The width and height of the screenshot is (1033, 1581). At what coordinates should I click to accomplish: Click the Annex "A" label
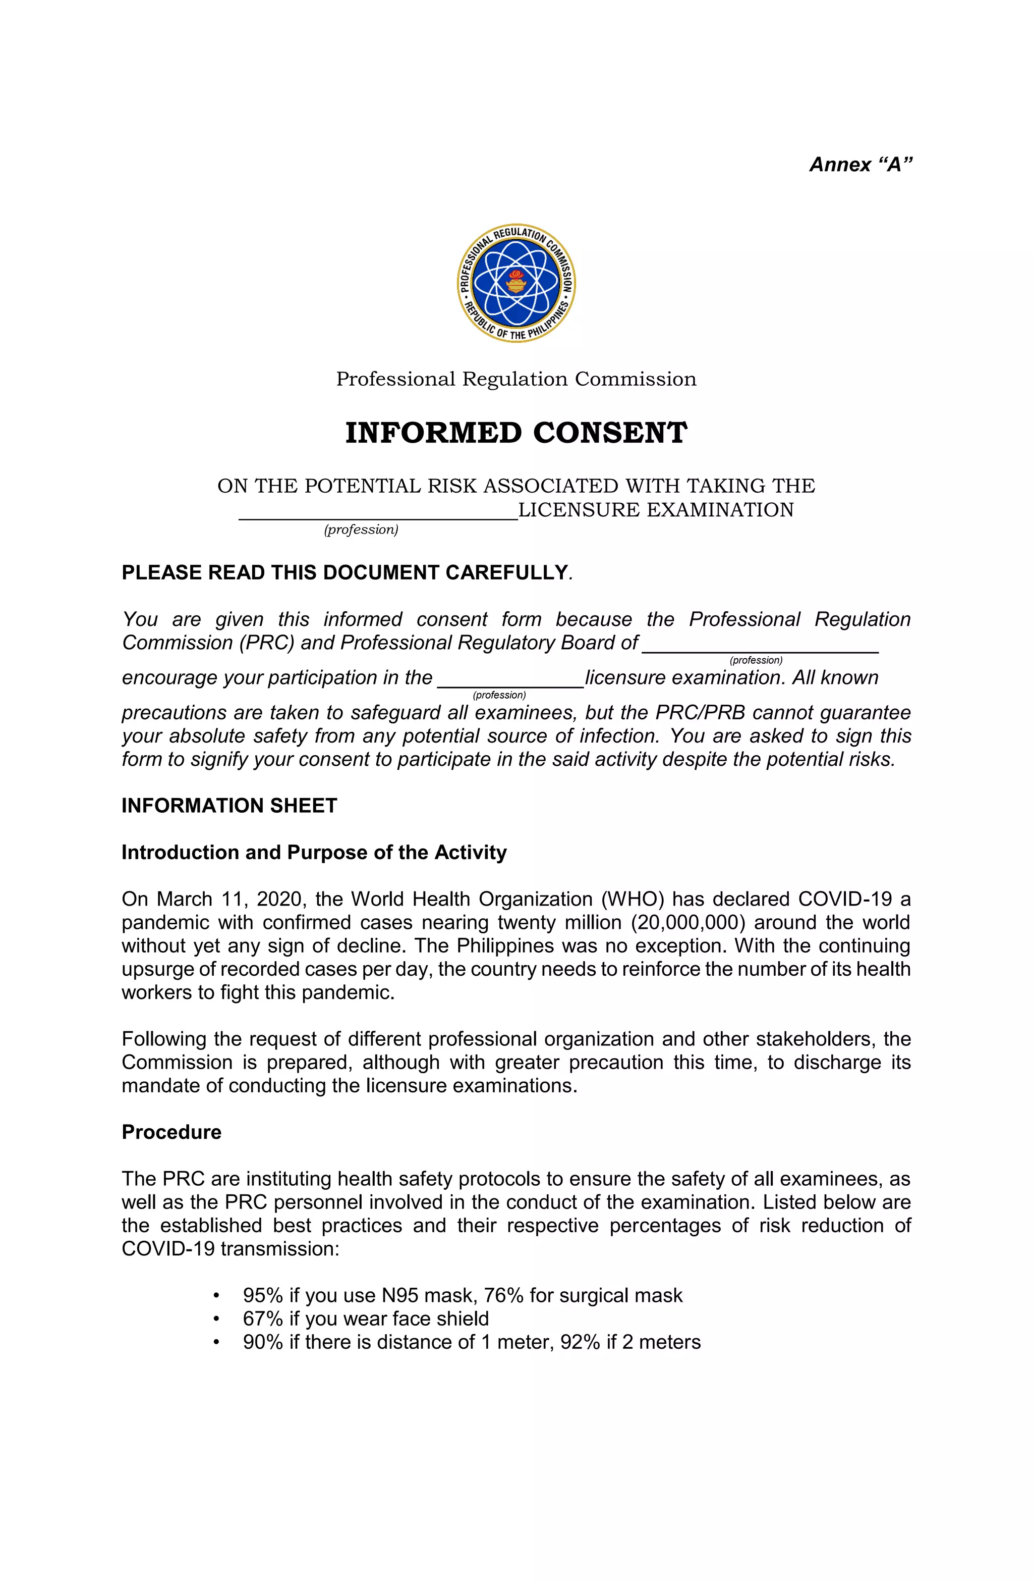pyautogui.click(x=860, y=164)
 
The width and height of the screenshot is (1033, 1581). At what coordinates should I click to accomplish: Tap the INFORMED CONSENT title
pyautogui.click(x=516, y=433)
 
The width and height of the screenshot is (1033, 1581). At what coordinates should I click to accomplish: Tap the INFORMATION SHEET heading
pyautogui.click(x=229, y=806)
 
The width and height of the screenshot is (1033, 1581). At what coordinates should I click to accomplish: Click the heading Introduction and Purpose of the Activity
pyautogui.click(x=314, y=852)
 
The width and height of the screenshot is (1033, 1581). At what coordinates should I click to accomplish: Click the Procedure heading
pyautogui.click(x=171, y=1132)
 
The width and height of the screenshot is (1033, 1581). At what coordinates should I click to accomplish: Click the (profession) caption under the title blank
pyautogui.click(x=361, y=530)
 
